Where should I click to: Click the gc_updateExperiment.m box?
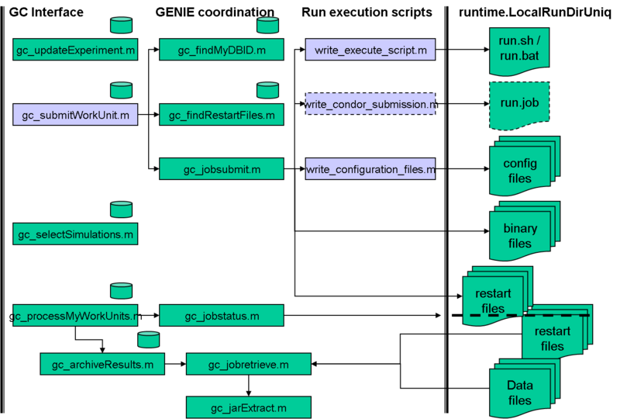pos(75,50)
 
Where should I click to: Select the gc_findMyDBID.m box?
pos(222,50)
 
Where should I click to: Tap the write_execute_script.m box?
pos(370,50)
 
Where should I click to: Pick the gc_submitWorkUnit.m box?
pos(75,116)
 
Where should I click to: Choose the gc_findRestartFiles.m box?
pos(222,116)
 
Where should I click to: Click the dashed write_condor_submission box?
pos(370,104)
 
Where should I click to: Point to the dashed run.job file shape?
pos(519,102)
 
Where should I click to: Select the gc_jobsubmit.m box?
pos(222,168)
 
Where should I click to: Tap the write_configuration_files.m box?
pos(370,168)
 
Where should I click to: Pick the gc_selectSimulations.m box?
pos(75,234)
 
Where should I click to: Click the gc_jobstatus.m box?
pos(222,316)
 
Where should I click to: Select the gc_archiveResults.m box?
pos(102,364)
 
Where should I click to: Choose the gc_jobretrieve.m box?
pos(249,364)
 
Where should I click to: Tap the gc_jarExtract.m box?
pos(249,407)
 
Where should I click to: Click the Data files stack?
pos(520,391)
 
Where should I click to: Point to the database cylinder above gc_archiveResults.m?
pos(148,339)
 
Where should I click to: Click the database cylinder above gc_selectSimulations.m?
pos(121,209)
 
